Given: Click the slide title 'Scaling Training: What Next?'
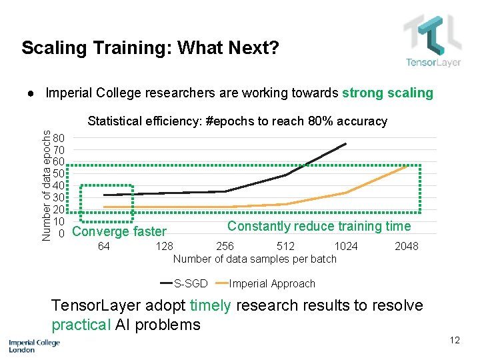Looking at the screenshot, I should (x=150, y=48).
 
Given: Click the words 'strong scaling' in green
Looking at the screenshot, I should (x=387, y=93).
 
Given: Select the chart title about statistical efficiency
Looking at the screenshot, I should (x=237, y=121).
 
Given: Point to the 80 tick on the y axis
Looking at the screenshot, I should (x=59, y=138).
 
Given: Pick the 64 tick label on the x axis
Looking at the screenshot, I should (x=103, y=247).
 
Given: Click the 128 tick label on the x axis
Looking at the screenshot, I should (x=164, y=247).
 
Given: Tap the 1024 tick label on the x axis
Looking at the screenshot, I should (x=345, y=247).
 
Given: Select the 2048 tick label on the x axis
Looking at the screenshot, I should (x=407, y=247).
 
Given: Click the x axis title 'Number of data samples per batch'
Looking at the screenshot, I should (x=255, y=259).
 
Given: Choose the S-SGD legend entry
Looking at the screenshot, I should (x=190, y=283).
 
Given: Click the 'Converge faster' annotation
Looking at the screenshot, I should (x=119, y=231).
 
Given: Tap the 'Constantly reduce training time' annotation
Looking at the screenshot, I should (x=319, y=226).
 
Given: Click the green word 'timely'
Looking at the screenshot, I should (x=211, y=306).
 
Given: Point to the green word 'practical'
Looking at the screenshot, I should (x=80, y=325).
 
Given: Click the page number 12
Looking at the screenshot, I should (x=455, y=340).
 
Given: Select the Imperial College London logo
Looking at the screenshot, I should (x=34, y=345).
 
